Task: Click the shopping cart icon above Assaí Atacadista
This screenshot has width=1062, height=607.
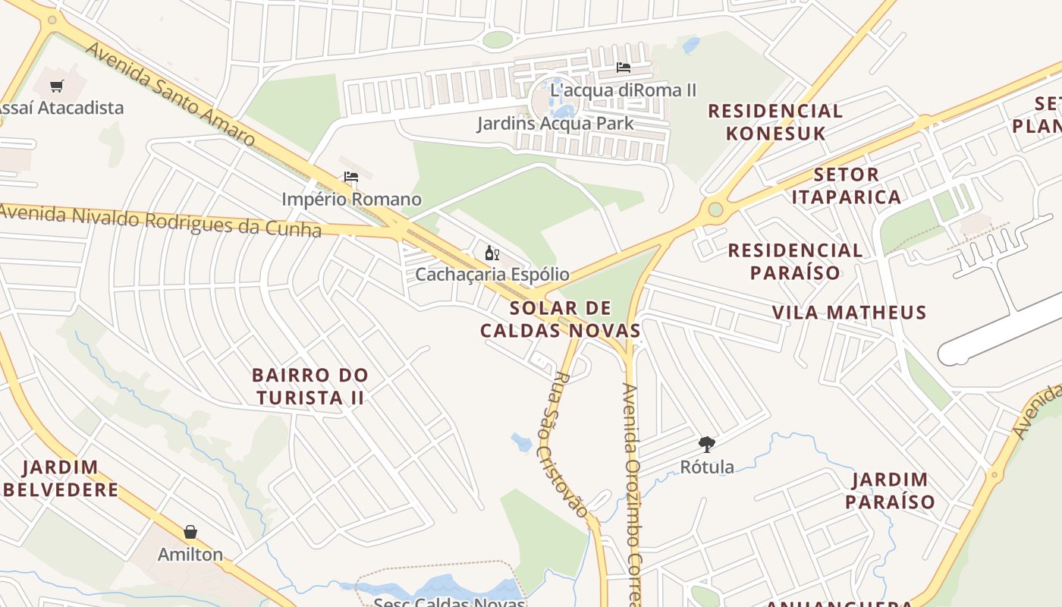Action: tap(57, 86)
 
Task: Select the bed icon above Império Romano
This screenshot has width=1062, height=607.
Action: tap(350, 178)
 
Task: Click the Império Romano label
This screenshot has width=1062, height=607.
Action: tap(351, 200)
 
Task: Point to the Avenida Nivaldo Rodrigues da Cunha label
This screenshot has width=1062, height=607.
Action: tap(160, 220)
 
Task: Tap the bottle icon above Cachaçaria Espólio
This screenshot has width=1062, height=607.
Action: tap(492, 253)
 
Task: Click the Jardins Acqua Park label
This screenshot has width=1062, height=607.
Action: tap(555, 123)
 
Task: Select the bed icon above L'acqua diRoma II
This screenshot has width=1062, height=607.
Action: tap(624, 68)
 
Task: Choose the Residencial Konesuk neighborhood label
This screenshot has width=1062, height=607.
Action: tap(775, 122)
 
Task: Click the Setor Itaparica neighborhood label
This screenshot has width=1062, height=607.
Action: tap(846, 186)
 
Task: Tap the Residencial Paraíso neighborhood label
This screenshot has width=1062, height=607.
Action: tap(795, 261)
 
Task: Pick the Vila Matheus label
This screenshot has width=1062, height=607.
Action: tap(849, 313)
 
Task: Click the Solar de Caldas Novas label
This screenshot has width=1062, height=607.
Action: tap(561, 319)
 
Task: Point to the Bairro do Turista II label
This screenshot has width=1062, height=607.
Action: tap(310, 386)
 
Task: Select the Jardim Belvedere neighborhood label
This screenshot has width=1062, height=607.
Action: tap(61, 479)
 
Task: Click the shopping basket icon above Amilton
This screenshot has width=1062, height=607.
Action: tap(190, 533)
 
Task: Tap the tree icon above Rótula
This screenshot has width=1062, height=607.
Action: tap(706, 445)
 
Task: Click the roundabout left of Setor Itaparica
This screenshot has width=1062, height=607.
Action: tap(715, 209)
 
